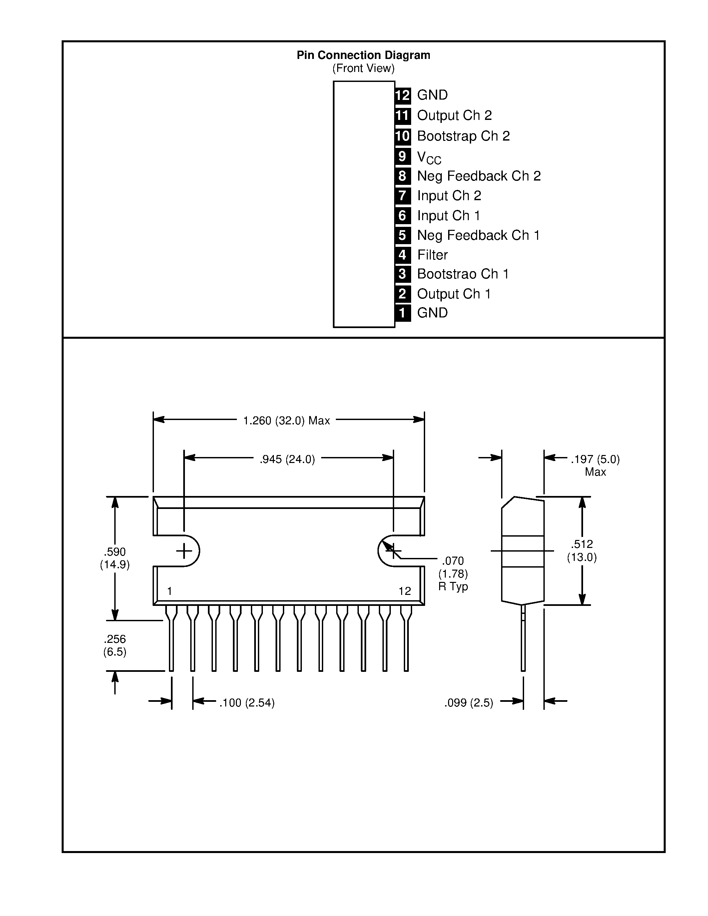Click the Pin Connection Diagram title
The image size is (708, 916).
click(x=363, y=55)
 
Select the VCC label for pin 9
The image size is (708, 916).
click(x=429, y=157)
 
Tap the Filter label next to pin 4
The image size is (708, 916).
click(x=432, y=255)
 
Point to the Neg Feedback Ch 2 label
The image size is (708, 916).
click(x=478, y=176)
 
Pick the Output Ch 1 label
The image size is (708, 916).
click(x=453, y=294)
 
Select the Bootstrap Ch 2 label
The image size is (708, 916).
click(x=463, y=136)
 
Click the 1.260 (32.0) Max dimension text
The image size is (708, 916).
click(x=287, y=420)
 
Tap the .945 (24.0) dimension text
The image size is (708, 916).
click(x=287, y=459)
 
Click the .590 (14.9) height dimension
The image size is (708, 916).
click(x=115, y=558)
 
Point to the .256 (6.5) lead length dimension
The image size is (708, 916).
click(x=115, y=645)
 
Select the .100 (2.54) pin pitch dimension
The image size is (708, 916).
click(x=247, y=702)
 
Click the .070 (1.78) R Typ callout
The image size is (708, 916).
click(x=453, y=573)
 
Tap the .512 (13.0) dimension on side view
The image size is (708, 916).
click(x=581, y=551)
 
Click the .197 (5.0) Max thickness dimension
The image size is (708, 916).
click(x=595, y=465)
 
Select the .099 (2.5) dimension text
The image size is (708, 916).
click(x=468, y=702)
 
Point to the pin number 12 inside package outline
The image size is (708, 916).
click(x=404, y=591)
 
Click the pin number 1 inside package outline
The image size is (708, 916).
click(x=170, y=591)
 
